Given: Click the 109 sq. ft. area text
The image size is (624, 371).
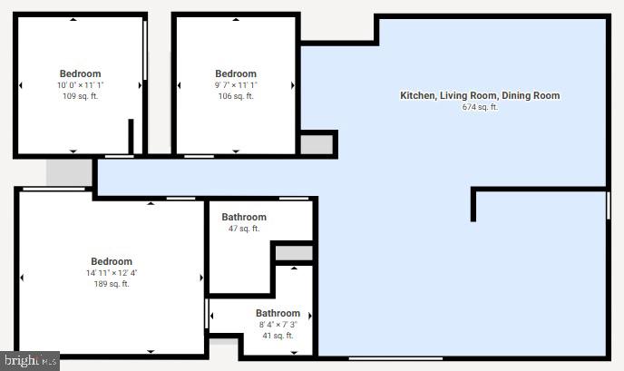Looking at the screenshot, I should click(x=80, y=96).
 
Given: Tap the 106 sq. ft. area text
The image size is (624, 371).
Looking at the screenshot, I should click(x=236, y=96).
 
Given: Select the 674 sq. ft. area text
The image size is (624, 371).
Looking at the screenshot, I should click(x=480, y=107).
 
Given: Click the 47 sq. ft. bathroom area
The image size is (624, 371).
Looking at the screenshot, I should click(x=244, y=229).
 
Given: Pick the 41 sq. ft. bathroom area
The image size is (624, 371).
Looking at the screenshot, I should click(x=278, y=336).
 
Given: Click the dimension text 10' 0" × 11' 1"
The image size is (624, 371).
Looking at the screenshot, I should click(x=80, y=85).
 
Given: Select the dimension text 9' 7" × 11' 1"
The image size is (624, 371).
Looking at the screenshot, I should click(x=236, y=85).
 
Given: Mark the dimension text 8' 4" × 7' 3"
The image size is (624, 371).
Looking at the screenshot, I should click(x=278, y=325).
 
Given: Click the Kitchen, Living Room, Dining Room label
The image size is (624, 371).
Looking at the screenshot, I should click(x=480, y=95).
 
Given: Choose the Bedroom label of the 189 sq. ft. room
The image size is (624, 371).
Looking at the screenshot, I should click(x=111, y=261).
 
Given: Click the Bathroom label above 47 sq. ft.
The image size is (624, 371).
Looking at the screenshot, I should click(x=244, y=217).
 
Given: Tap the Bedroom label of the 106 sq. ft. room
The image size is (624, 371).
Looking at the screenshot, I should click(x=236, y=73).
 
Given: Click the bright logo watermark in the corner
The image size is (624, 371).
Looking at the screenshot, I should click(x=29, y=361).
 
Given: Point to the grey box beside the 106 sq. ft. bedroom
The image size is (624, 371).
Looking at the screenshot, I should click(x=317, y=144).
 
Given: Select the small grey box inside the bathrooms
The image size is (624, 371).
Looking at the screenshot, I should click(x=293, y=252).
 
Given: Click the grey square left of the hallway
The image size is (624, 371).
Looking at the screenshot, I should click(x=70, y=171).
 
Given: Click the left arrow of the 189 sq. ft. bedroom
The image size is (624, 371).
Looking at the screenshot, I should click(x=22, y=278).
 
